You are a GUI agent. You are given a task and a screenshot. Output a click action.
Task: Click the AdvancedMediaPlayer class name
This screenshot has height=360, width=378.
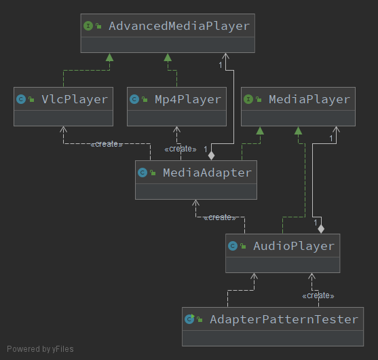pyautogui.click(x=179, y=26)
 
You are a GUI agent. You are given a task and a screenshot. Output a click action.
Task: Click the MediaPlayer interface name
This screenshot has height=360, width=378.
pyautogui.click(x=309, y=100)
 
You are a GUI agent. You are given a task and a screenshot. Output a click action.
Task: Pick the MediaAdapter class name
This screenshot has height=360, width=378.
pyautogui.click(x=207, y=173)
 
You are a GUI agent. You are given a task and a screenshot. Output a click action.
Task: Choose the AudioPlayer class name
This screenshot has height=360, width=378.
pyautogui.click(x=293, y=246)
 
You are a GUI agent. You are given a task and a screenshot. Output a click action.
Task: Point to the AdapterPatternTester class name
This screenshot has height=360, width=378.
pyautogui.click(x=284, y=319)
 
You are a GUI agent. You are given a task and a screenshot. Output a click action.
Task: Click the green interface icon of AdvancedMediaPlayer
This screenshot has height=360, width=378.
pyautogui.click(x=88, y=26)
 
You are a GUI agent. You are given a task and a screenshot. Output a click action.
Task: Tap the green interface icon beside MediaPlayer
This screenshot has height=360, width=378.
pyautogui.click(x=248, y=100)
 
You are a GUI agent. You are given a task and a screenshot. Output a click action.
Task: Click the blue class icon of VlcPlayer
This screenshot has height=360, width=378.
pyautogui.click(x=21, y=100)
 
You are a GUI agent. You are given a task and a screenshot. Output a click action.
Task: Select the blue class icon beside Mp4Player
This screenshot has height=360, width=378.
pyautogui.click(x=134, y=100)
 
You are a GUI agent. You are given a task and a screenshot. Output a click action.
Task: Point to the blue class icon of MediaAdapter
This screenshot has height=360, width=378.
pyautogui.click(x=143, y=173)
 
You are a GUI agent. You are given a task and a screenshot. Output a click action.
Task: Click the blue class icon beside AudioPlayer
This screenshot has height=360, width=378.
pyautogui.click(x=233, y=246)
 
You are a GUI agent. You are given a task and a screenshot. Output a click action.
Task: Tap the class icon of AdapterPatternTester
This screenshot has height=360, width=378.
pyautogui.click(x=190, y=319)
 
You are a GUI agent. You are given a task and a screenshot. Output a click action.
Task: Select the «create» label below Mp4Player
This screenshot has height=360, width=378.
pyautogui.click(x=180, y=149)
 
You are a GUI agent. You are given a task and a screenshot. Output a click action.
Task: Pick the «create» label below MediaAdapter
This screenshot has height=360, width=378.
pyautogui.click(x=220, y=217)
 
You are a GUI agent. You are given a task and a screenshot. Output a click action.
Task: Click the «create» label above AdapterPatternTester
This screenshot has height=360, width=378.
pyautogui.click(x=318, y=295)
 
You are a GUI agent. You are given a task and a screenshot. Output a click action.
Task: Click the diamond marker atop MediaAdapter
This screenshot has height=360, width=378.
pyautogui.click(x=212, y=156)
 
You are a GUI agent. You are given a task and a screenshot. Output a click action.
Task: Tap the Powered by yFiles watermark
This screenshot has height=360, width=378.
pyautogui.click(x=40, y=349)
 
